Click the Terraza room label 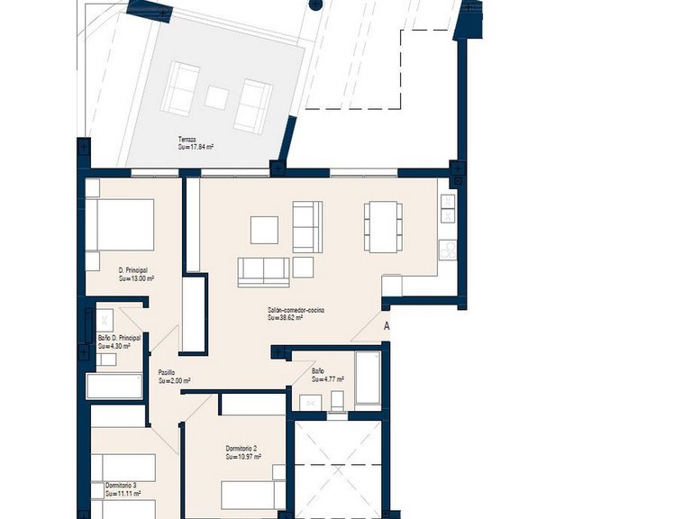(187, 139)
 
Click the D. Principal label (132, 270)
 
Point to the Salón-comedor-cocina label (296, 309)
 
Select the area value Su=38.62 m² (285, 317)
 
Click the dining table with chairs (383, 225)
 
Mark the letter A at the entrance (387, 326)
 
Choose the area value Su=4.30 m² (114, 346)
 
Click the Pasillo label (167, 372)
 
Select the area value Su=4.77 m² (328, 379)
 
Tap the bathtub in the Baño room (368, 378)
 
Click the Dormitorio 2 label (242, 448)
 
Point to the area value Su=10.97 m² (243, 457)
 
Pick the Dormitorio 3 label (121, 485)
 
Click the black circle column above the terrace (314, 5)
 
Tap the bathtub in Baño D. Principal (114, 386)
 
